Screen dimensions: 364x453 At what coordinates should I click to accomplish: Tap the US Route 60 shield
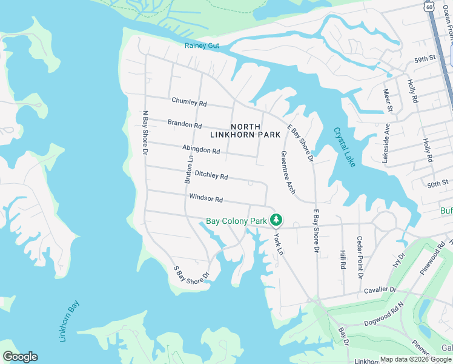[429, 7]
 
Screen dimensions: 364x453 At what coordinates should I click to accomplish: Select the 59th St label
[425, 59]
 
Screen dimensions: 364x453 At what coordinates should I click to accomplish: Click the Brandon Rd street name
[185, 124]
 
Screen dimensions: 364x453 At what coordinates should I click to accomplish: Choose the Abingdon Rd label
[200, 149]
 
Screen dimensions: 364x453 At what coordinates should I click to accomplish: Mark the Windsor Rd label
[206, 198]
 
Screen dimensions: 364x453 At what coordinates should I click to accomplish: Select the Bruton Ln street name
[189, 169]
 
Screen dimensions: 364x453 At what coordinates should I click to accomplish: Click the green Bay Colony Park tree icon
[277, 219]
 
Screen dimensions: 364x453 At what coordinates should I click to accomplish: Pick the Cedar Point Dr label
[360, 257]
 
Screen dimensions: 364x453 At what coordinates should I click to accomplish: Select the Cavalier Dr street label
[380, 290]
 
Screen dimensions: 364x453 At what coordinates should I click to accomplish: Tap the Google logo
[20, 357]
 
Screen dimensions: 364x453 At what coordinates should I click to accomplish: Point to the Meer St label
[388, 101]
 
